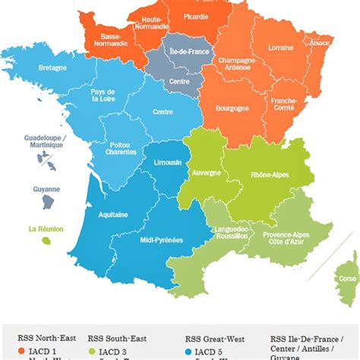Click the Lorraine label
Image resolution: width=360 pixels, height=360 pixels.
pos(280,48)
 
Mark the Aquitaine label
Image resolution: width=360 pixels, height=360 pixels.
pos(112,215)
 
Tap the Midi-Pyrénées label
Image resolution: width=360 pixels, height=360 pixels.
pos(161,240)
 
